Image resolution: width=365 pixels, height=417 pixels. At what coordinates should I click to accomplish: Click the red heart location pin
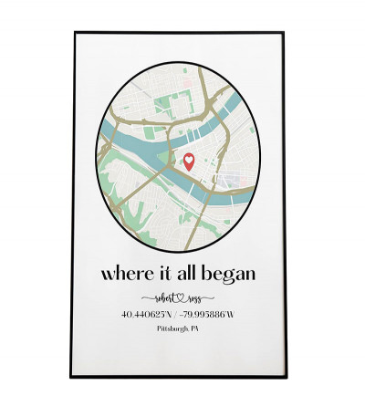[x=189, y=162]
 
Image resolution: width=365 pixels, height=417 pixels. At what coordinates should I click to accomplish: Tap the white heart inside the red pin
[x=189, y=160]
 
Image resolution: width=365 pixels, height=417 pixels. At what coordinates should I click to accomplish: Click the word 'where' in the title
[x=123, y=274]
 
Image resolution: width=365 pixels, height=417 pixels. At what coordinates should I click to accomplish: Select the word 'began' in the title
[x=230, y=275]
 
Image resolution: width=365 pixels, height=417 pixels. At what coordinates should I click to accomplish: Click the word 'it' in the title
[x=161, y=273]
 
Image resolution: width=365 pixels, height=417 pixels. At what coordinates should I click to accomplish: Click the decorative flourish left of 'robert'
[x=146, y=298]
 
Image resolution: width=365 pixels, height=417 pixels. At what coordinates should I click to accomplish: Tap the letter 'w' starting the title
[x=107, y=275]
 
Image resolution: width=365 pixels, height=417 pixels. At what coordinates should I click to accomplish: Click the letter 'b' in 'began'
[x=209, y=273]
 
